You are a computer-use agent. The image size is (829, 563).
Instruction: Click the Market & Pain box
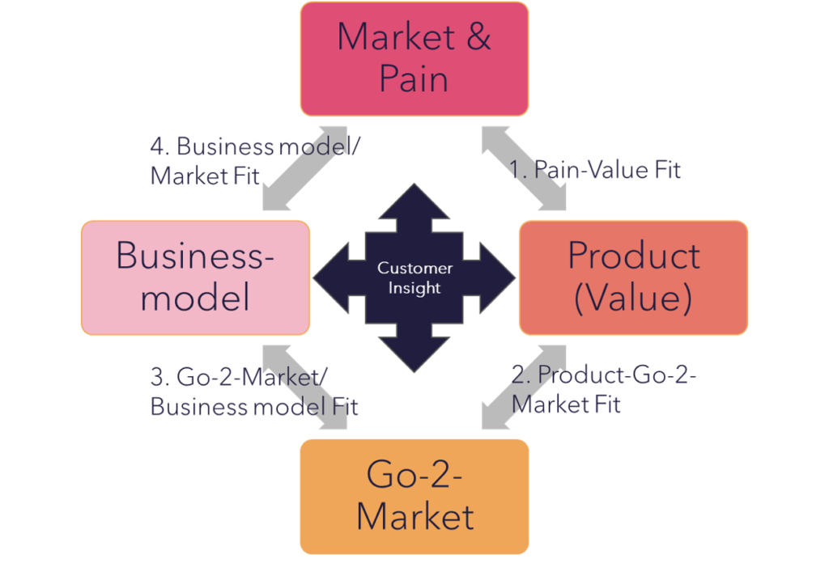click(414, 58)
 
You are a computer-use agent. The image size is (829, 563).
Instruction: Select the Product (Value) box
click(633, 277)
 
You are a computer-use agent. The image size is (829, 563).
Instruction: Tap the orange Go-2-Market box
click(414, 495)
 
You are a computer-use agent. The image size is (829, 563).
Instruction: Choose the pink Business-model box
click(195, 277)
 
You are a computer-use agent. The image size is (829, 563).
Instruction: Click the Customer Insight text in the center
click(414, 277)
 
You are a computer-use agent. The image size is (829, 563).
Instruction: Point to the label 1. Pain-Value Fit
click(595, 170)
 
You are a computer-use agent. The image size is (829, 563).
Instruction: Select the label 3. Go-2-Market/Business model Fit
click(253, 392)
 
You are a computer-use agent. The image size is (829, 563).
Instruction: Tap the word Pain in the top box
click(414, 79)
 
